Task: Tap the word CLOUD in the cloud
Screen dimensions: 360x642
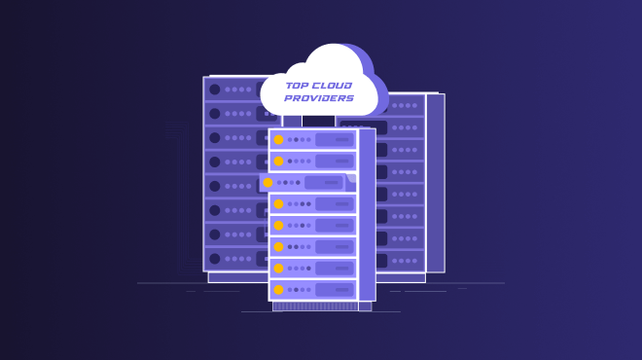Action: point(333,86)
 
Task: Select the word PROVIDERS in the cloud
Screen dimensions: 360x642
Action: point(319,98)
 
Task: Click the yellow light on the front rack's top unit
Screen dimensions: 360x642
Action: point(278,139)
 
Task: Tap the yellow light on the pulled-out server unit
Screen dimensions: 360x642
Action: point(267,182)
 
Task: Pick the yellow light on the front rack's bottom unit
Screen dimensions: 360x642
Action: point(278,289)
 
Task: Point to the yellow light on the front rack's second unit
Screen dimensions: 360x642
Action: point(278,161)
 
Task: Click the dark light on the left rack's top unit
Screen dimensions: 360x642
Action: point(215,90)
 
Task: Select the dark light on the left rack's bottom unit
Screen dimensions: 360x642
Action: point(215,259)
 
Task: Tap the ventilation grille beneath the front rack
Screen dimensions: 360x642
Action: point(315,306)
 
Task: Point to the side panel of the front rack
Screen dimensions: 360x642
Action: point(367,214)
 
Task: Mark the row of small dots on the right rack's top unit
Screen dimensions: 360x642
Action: point(404,105)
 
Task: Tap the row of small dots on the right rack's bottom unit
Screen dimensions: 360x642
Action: point(404,260)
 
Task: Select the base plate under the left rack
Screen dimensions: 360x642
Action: point(237,277)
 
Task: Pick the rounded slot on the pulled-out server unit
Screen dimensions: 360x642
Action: point(323,182)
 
